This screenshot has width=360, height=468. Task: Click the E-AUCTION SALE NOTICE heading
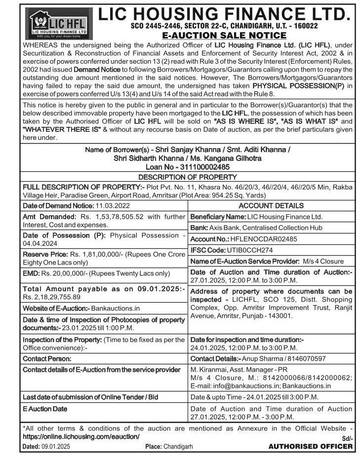click(x=225, y=35)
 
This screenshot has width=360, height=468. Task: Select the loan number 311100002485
click(x=206, y=167)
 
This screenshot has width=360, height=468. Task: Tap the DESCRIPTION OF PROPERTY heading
click(x=187, y=177)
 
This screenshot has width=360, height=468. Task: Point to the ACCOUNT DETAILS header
click(x=271, y=205)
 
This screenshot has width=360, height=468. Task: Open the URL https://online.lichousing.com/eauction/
click(x=81, y=437)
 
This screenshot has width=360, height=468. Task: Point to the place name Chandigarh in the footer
click(x=178, y=447)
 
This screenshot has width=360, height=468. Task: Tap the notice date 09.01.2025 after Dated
click(x=55, y=447)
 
